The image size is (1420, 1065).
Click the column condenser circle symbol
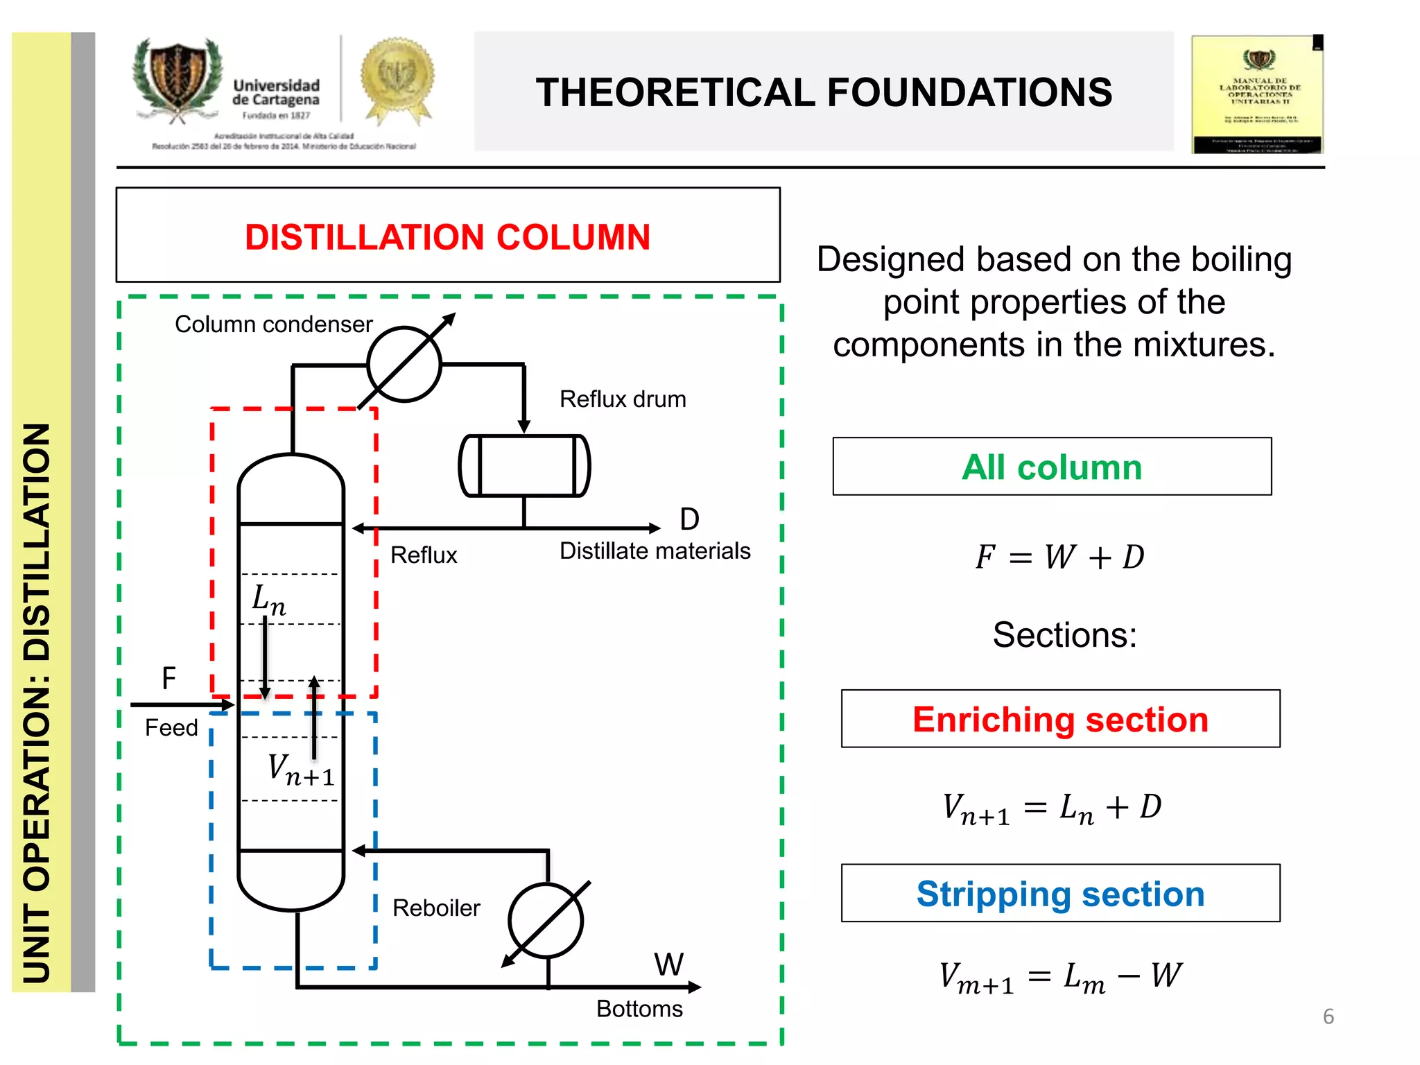(404, 364)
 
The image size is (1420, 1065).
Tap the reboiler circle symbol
(546, 920)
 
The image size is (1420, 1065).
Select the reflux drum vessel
(525, 465)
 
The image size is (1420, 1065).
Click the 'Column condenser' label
(273, 324)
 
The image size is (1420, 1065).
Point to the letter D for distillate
(689, 519)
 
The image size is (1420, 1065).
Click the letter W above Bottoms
(669, 964)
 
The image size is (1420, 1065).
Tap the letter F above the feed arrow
(168, 678)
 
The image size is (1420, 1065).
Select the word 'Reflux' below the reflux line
(424, 555)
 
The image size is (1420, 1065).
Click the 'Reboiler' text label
(436, 908)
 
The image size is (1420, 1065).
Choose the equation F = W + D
(1059, 557)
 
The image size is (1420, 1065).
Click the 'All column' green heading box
(1052, 467)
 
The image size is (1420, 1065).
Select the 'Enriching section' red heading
(1060, 719)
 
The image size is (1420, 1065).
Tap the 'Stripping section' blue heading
(1060, 893)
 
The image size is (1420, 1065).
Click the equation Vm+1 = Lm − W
(1060, 976)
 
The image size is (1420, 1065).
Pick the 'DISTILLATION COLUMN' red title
(448, 237)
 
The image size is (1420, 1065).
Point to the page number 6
(1328, 1016)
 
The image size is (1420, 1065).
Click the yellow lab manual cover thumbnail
(1257, 94)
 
